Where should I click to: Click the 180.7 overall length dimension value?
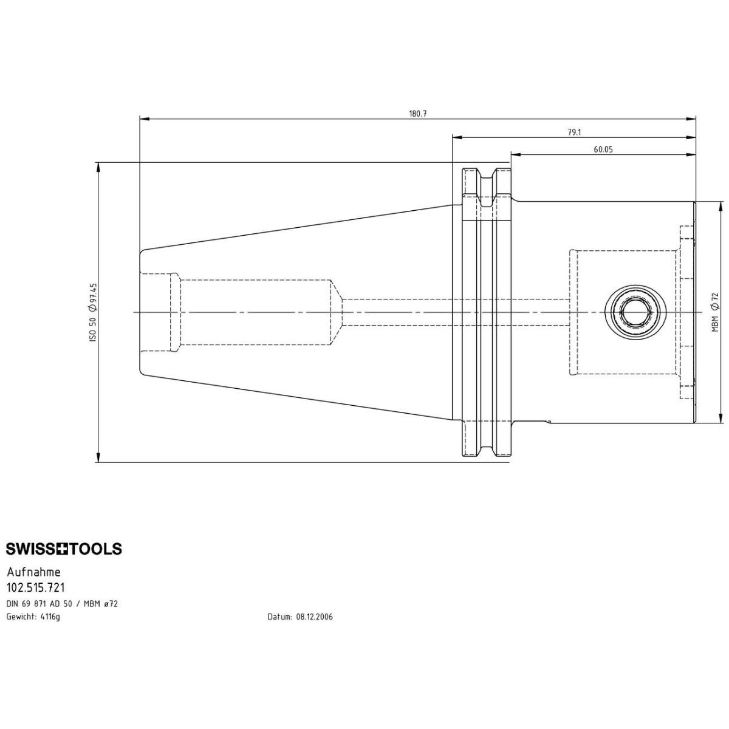418,114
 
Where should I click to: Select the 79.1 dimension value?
574,132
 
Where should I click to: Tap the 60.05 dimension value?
603,149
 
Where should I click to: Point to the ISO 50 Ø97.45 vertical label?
94,312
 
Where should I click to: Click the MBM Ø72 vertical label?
715,312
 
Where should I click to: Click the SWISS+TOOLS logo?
64,549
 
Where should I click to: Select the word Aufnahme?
33,572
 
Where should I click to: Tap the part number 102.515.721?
36,587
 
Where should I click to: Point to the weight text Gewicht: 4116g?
33,617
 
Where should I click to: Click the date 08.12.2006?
315,617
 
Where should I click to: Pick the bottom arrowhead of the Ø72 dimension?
721,420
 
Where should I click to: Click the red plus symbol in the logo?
64,549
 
